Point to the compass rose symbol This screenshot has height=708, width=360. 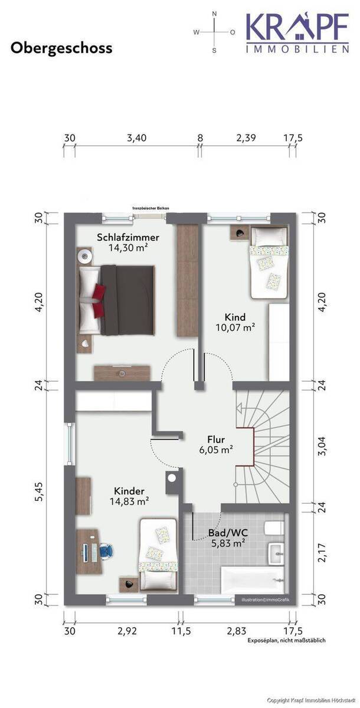pos(214,32)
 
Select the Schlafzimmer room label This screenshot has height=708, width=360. pos(127,238)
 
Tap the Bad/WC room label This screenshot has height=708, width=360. pos(228,532)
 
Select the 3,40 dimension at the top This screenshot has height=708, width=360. pos(136,138)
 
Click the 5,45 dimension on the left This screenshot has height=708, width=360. pos(38,489)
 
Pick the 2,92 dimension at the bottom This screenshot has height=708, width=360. pos(127,631)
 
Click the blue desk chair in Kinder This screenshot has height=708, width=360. pos(106,550)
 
